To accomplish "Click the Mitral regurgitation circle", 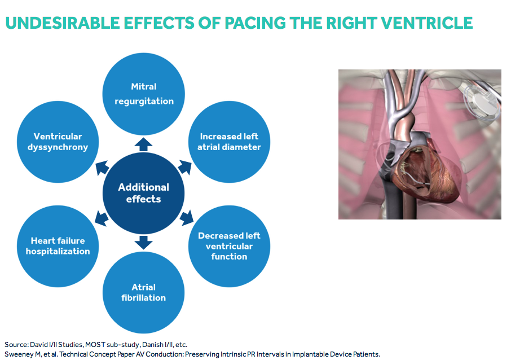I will click(x=144, y=93).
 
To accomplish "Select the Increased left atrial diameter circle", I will click(x=229, y=142).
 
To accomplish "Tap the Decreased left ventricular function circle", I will click(x=229, y=246).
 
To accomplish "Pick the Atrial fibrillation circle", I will click(x=144, y=292).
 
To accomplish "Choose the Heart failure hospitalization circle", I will click(x=58, y=246).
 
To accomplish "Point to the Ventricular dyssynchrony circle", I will click(x=58, y=142).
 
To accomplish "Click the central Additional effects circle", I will click(x=144, y=193).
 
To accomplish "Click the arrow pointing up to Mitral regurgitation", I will click(x=144, y=144).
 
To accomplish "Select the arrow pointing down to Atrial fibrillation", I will click(x=144, y=242).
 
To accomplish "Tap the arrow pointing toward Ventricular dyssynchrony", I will click(x=102, y=168).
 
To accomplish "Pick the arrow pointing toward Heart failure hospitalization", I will click(x=102, y=218).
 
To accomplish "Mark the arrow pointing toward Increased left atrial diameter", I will click(x=185, y=168).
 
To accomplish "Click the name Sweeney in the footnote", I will click(x=20, y=354).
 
